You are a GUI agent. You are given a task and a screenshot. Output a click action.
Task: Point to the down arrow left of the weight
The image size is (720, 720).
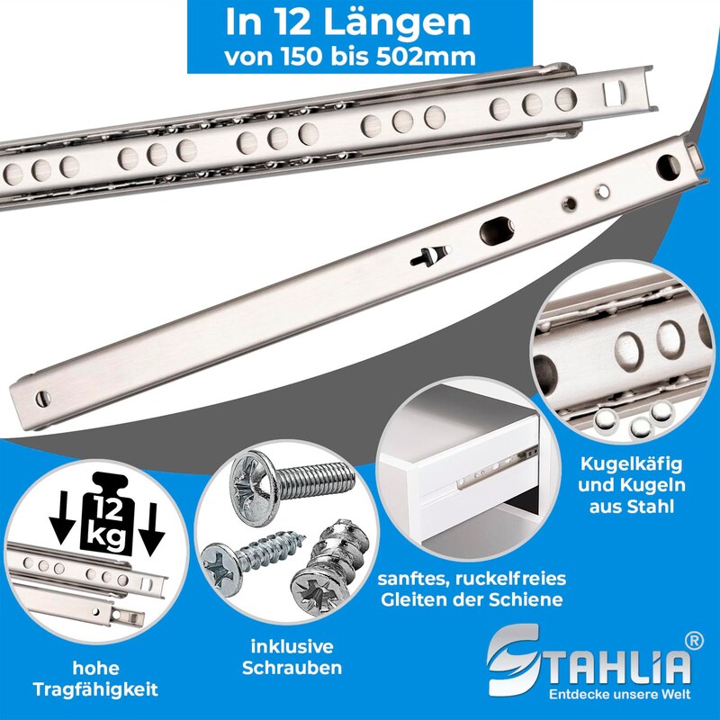point(61,518)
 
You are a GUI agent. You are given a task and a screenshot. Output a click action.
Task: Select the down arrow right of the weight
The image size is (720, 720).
point(151,526)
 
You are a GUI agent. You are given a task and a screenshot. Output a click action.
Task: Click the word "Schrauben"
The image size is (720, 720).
point(292,668)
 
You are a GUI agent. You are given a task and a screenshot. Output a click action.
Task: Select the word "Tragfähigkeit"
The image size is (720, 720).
point(95,689)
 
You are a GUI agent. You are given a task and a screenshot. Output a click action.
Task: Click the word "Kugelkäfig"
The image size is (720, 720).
point(632,463)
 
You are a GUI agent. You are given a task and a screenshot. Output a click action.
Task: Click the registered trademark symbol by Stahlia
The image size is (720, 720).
point(693,641)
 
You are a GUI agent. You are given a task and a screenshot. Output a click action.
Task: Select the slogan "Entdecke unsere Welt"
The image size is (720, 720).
point(619,693)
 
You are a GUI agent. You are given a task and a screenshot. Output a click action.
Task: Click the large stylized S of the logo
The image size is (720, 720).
point(513,660)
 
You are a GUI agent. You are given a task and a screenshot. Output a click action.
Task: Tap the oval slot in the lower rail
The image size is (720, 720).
point(497,230)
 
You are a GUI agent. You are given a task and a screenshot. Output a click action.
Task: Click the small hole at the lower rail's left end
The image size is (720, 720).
point(42,399)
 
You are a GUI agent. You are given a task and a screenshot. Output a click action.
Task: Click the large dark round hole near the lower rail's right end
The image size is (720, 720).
point(668,167)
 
